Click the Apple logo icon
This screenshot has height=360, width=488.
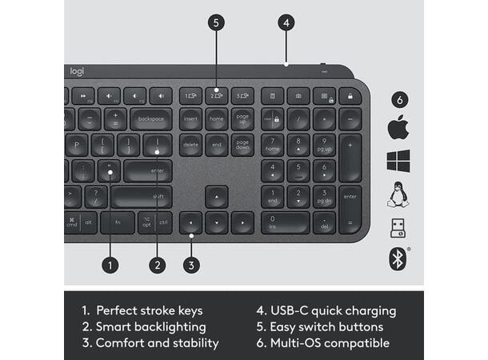398,127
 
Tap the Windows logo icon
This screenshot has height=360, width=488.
398,161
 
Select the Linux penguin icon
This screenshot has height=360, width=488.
398,194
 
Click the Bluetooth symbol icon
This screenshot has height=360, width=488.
398,258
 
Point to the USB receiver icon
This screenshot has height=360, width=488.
398,227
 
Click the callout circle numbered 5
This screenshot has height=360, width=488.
216,22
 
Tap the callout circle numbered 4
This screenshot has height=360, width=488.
286,22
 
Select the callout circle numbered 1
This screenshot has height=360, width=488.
111,263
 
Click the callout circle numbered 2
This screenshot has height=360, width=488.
158,263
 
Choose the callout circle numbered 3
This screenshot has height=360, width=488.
191,263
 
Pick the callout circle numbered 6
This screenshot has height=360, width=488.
399,99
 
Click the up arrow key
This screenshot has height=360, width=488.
216,197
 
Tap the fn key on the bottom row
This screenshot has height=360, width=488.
118,222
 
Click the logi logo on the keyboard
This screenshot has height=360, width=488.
77,71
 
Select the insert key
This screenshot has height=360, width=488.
190,119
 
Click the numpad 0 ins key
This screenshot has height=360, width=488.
285,222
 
